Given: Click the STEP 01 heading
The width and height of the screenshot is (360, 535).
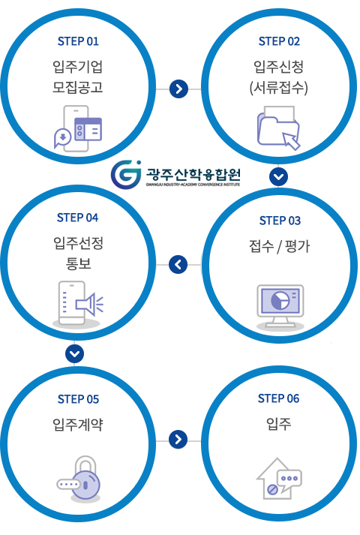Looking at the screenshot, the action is click(78, 41).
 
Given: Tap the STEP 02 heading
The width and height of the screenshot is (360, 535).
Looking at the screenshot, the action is click(279, 41).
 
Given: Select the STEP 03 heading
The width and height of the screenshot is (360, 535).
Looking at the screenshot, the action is click(280, 221).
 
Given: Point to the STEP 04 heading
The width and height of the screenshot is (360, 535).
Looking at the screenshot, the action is click(77, 218).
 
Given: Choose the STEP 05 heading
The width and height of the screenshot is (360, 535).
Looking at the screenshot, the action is click(78, 399).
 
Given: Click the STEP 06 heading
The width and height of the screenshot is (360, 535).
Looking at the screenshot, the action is click(278, 398).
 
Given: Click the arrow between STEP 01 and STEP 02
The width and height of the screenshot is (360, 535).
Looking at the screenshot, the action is click(178, 89).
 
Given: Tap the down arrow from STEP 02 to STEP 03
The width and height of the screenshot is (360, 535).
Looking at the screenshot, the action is click(278, 177).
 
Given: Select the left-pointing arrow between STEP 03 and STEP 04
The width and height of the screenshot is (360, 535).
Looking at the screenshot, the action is click(178, 264).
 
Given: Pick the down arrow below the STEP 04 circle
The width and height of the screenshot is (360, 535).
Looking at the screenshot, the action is click(74, 353).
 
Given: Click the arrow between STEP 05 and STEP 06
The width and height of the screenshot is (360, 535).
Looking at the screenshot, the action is click(178, 439).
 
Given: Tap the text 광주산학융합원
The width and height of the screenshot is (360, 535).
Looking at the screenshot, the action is click(193, 174).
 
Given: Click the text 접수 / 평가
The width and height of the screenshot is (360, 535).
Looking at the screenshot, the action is click(280, 245).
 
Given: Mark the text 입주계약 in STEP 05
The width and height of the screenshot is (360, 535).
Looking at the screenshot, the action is click(78, 424).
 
